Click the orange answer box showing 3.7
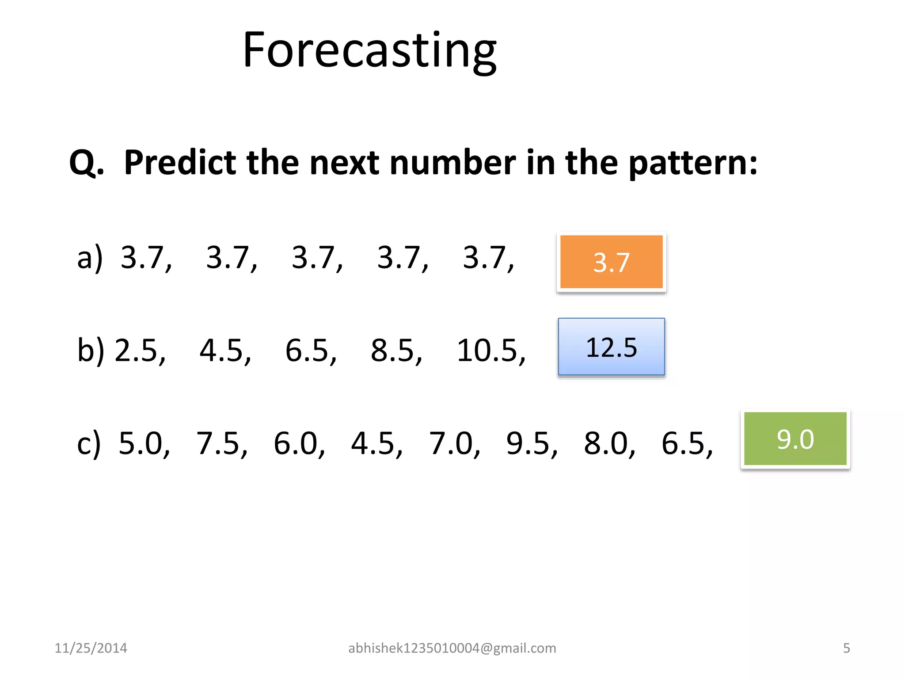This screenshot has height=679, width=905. click(611, 262)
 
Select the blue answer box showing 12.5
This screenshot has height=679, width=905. click(611, 347)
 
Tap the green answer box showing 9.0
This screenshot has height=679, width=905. click(795, 439)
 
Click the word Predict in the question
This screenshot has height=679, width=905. click(180, 163)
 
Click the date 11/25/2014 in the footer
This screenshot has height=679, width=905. click(91, 648)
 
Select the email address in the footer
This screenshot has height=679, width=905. click(452, 648)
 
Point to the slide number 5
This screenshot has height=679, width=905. click(846, 648)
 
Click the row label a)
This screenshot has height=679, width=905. click(90, 258)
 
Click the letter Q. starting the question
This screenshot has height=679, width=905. click(86, 163)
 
